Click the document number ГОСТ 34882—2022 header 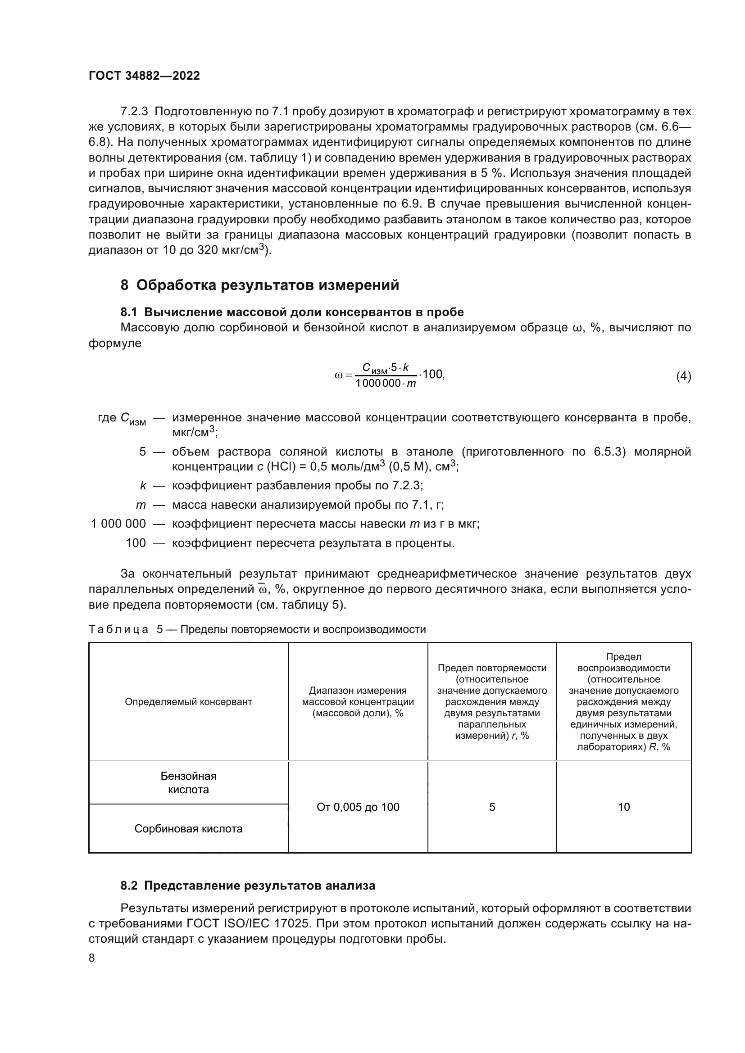pyautogui.click(x=144, y=76)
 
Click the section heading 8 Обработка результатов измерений pyautogui.click(x=259, y=285)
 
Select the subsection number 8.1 pyautogui.click(x=129, y=312)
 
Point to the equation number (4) pyautogui.click(x=683, y=376)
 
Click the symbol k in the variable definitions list pyautogui.click(x=143, y=485)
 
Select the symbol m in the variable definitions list pyautogui.click(x=141, y=505)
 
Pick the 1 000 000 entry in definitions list pyautogui.click(x=118, y=524)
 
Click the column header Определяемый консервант pyautogui.click(x=189, y=702)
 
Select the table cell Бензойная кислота pyautogui.click(x=189, y=783)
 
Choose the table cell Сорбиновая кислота pyautogui.click(x=189, y=829)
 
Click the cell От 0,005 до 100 pyautogui.click(x=358, y=807)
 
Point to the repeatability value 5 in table pyautogui.click(x=492, y=807)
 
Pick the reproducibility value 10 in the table pyautogui.click(x=623, y=807)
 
